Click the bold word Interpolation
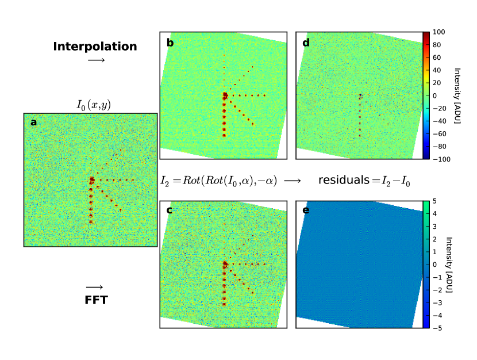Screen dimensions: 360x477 coord(95,47)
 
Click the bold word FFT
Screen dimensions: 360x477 coord(95,300)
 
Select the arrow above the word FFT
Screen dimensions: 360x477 coord(94,287)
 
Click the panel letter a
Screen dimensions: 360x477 coord(33,122)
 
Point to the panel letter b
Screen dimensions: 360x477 coord(170,42)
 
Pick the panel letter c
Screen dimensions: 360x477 coord(170,210)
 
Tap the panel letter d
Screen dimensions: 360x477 coord(305,42)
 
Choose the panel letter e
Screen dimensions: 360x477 coord(305,210)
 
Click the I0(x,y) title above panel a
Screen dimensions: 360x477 coord(94,105)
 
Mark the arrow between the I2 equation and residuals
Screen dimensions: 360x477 coord(293,181)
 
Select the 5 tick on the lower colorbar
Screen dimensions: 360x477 coord(434,201)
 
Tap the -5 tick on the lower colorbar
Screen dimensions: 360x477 coord(436,328)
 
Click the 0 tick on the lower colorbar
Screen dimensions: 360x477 coord(434,265)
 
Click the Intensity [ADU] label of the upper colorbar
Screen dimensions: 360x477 coord(457,95)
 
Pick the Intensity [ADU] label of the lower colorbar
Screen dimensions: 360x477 coord(457,265)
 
